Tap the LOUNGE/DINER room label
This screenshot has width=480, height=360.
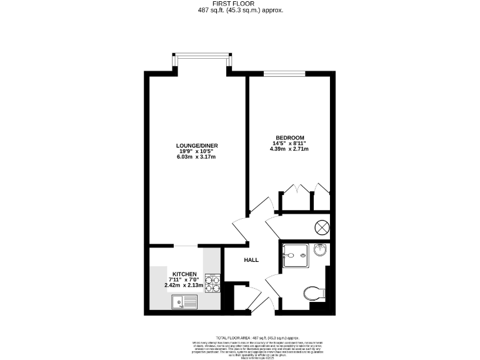tap(196, 146)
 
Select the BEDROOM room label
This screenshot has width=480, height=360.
tap(290, 137)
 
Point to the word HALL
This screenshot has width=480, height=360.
tap(251, 260)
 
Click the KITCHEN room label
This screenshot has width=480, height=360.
tap(185, 274)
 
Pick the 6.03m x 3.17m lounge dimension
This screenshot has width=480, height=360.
tap(196, 157)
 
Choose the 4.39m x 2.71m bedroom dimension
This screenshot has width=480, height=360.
tap(289, 149)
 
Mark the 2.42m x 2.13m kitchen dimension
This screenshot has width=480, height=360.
tap(185, 286)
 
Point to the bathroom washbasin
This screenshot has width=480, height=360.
tap(320, 249)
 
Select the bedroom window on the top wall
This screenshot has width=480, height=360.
tap(284, 74)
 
